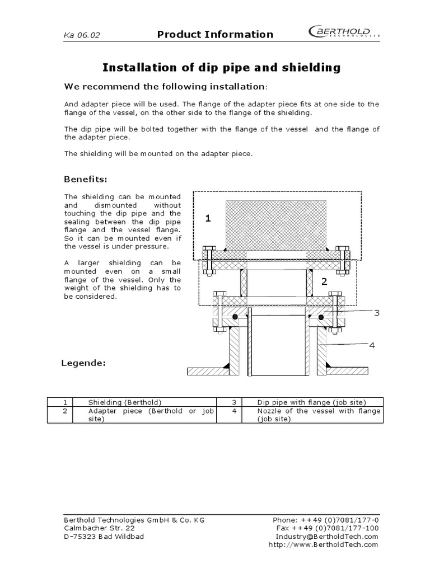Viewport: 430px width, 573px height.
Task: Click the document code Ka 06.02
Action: pos(82,35)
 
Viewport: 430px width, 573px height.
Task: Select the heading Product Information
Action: pos(215,34)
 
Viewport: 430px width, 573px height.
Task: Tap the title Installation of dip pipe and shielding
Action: pos(221,68)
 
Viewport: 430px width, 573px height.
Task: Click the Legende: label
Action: pos(83,363)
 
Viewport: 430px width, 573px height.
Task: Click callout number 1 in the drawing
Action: pos(208,219)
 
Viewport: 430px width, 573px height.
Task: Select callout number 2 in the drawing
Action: pos(324,282)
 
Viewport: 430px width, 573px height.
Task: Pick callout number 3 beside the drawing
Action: pos(377,313)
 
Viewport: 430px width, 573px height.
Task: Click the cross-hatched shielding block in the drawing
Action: pos(276,224)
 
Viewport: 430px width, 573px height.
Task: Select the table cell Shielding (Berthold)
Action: pos(125,402)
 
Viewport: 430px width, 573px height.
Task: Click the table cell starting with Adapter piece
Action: pos(151,415)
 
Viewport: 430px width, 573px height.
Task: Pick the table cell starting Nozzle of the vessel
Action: pos(319,415)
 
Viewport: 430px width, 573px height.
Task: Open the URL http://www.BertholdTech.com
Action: pos(324,544)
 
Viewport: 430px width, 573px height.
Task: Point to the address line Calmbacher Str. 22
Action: pos(100,528)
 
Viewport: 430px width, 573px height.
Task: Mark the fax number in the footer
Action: pos(328,528)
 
